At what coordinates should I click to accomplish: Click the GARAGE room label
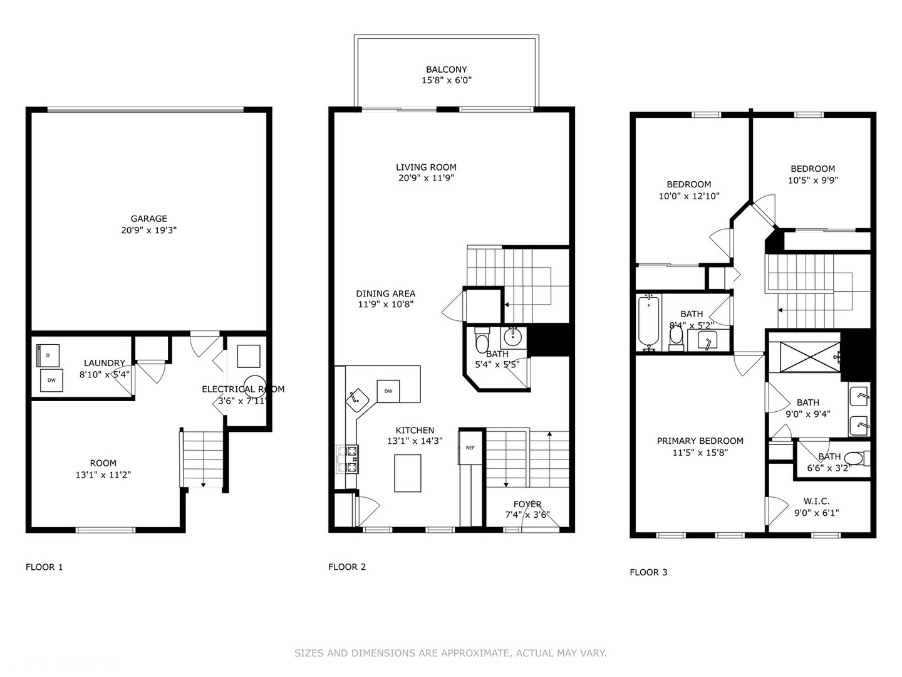point(148,219)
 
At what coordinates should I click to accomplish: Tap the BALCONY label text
point(446,70)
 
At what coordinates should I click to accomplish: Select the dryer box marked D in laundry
point(48,355)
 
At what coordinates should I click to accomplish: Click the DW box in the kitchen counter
point(388,391)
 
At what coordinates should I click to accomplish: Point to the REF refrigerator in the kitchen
point(470,448)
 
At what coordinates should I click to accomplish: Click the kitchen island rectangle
point(407,473)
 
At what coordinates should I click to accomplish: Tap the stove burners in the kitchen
point(348,459)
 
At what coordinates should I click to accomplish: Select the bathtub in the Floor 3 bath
point(649,323)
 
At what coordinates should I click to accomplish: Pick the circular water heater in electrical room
point(255,385)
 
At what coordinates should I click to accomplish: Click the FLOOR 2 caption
point(347,567)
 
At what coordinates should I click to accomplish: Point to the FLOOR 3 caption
point(648,572)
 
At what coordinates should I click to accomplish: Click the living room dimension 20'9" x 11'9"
point(426,178)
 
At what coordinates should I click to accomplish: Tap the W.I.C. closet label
point(816,501)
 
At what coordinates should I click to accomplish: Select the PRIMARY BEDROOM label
point(700,441)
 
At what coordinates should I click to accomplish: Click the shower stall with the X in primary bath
point(804,358)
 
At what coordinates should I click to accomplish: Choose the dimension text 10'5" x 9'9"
point(812,180)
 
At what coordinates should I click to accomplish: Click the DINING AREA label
point(385,293)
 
